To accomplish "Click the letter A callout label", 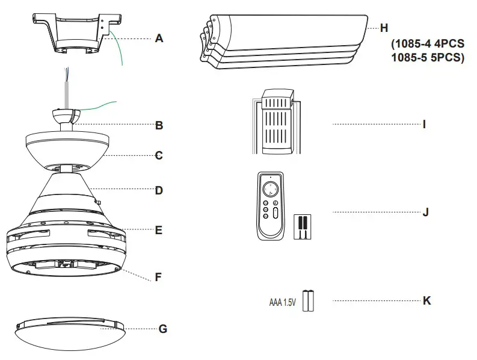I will point(159,39).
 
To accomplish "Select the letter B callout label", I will point(159,126).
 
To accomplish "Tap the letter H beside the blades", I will point(384,28).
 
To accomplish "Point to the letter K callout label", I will point(426,300).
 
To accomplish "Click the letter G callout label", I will point(162,329).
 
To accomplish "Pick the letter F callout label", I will point(159,278).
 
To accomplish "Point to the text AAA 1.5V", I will point(282,301).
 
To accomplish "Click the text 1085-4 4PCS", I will point(428,46).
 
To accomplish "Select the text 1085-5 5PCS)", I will point(428,58).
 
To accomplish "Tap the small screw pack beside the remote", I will point(302,227).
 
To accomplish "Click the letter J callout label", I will point(426,212).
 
